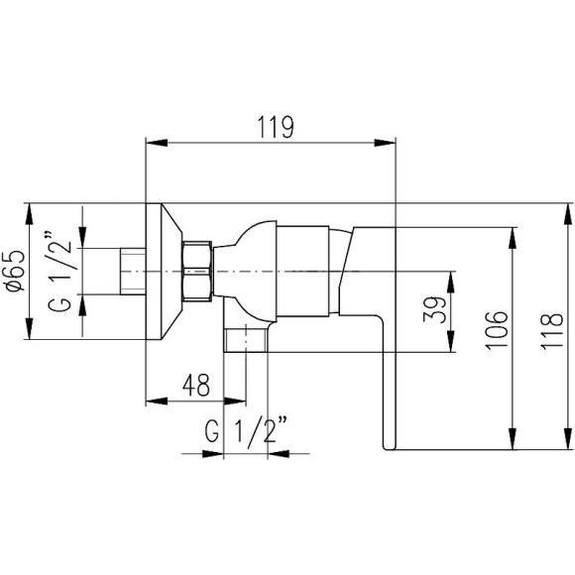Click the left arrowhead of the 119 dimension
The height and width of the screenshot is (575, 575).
pos(152,142)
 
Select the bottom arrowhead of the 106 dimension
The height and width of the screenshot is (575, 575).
pos(513,448)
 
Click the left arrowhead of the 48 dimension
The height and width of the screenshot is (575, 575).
pos(152,402)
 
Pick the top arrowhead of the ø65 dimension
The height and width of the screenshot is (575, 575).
pos(31,209)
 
